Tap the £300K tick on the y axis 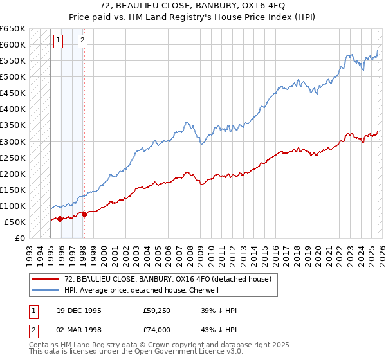pyautogui.click(x=13, y=141)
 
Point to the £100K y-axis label pyautogui.click(x=13, y=206)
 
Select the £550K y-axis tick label pyautogui.click(x=13, y=61)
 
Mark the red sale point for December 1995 pyautogui.click(x=60, y=219)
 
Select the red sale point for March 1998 pyautogui.click(x=84, y=214)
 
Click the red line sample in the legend pyautogui.click(x=46, y=279)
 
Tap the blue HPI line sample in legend pyautogui.click(x=46, y=290)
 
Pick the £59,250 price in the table pyautogui.click(x=156, y=310)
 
